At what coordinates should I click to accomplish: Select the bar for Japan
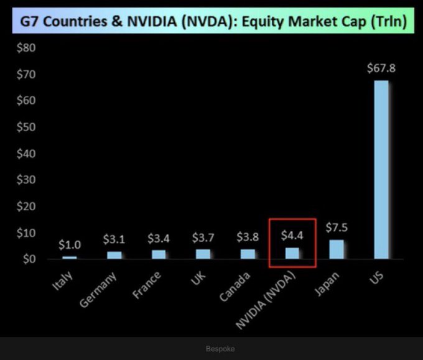pos(336,249)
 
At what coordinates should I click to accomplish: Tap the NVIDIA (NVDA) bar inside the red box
pos(292,253)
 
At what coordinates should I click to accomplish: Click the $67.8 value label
pos(380,68)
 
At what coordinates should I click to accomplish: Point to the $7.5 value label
pos(336,228)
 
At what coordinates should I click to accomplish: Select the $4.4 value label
pos(292,236)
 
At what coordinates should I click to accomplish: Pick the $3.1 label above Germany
pos(114,239)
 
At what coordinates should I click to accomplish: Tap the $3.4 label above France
pos(159,238)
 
